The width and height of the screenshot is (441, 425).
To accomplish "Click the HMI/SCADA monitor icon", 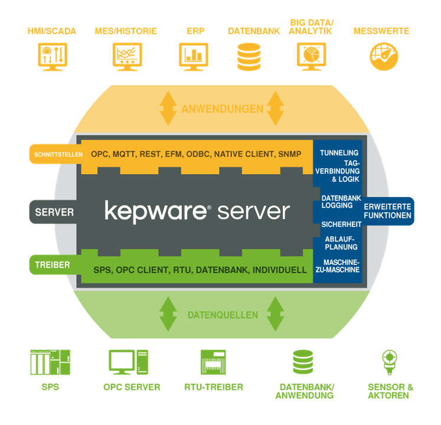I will point(51,57).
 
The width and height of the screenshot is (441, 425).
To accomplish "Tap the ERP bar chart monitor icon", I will point(193,57).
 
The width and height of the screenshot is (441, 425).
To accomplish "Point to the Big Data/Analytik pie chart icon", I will point(311,57).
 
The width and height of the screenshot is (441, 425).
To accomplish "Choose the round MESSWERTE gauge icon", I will point(383,57).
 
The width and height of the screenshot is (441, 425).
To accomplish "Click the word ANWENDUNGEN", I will point(222,109).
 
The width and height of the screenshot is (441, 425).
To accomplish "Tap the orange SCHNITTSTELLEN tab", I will point(55,154).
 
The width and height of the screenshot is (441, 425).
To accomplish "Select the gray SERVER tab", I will point(54,211).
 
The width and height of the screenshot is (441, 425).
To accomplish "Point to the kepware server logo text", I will point(197,211).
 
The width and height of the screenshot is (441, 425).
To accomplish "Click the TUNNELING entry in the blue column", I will point(339,153).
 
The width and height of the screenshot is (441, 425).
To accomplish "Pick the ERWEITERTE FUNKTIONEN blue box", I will point(388,211).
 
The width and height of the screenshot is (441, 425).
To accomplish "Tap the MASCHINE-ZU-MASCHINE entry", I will point(341,266).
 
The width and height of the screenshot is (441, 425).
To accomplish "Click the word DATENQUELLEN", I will point(222,315).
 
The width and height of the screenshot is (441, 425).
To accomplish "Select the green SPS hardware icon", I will point(50,362).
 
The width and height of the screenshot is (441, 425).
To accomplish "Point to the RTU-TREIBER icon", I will point(213,362).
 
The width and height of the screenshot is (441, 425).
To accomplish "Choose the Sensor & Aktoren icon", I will point(388,362).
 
